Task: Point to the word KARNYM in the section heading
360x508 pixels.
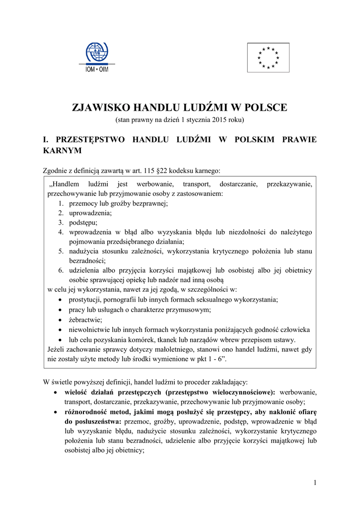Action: pyautogui.click(x=62, y=150)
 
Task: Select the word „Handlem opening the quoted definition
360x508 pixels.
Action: pyautogui.click(x=62, y=185)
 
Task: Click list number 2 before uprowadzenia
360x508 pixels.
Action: pyautogui.click(x=60, y=213)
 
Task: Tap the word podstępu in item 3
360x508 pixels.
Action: pyautogui.click(x=83, y=222)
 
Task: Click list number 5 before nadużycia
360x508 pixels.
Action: pyautogui.click(x=60, y=251)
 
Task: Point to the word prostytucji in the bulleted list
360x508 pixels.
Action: pyautogui.click(x=86, y=300)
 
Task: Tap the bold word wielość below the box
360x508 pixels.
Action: pyautogui.click(x=77, y=392)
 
